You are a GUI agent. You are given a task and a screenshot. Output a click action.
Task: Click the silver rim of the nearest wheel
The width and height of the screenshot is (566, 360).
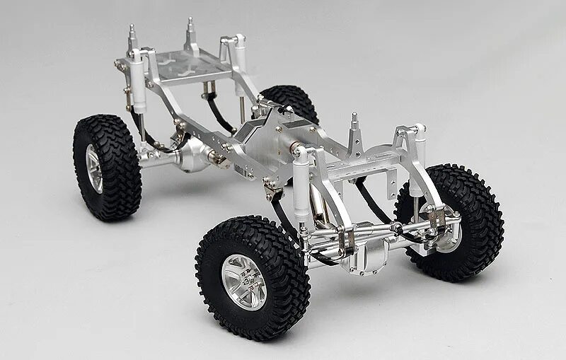[244, 280]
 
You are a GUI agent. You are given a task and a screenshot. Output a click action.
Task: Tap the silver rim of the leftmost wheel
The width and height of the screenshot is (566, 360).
[94, 168]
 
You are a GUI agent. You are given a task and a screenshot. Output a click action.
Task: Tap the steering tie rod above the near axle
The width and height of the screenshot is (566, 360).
[375, 231]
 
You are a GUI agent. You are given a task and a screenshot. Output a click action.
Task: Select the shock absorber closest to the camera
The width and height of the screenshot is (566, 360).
[302, 177]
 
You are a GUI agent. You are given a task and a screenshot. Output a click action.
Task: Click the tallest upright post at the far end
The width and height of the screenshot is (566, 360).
[190, 35]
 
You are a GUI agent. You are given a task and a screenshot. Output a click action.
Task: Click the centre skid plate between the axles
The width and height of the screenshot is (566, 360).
[255, 134]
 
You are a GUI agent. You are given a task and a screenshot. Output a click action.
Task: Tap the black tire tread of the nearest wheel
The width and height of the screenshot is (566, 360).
[212, 248]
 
